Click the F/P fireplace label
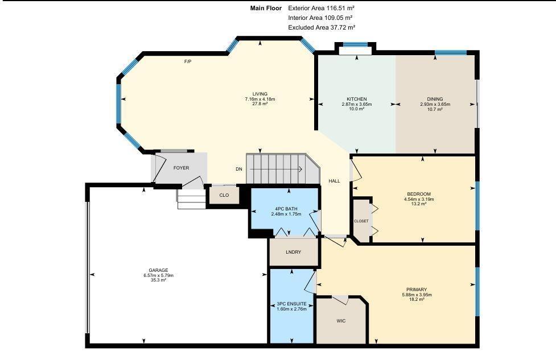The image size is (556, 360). [188, 61]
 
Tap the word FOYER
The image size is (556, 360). [181, 168]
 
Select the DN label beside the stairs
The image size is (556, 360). [239, 169]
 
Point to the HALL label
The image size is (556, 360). [334, 181]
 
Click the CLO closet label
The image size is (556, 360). [224, 195]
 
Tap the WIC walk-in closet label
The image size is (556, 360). [341, 321]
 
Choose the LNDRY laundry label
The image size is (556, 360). [293, 253]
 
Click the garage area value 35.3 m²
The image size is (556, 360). [159, 280]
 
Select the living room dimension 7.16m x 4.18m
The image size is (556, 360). [260, 99]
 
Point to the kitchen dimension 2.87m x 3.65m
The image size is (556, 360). [357, 105]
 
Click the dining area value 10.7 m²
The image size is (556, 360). [435, 110]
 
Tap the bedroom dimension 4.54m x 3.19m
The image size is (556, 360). [419, 199]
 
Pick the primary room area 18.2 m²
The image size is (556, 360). [417, 299]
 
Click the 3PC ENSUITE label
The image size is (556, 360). [291, 304]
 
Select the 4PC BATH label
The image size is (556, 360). [286, 209]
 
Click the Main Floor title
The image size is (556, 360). [266, 8]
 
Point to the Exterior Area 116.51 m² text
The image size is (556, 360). [322, 8]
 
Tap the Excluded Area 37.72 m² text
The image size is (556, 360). [322, 27]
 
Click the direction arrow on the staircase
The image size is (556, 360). [276, 169]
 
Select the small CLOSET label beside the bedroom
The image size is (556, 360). [361, 221]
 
